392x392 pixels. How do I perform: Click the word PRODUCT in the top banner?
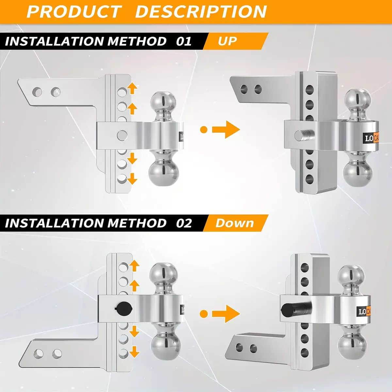74,12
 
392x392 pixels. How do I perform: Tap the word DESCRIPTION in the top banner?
201,12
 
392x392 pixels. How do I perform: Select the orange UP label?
227,41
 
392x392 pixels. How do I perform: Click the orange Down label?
235,223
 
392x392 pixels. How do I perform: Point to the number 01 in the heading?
184,41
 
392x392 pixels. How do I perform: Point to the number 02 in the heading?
184,223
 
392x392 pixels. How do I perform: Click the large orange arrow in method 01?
226,130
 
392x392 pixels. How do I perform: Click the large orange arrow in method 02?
226,314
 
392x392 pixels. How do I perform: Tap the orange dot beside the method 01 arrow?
204,130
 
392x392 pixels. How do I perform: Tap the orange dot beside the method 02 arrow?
204,314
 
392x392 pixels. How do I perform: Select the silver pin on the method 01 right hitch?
304,135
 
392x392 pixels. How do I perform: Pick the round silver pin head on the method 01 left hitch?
122,135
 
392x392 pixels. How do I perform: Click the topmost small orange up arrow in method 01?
132,88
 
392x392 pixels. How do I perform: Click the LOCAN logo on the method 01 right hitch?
371,139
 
